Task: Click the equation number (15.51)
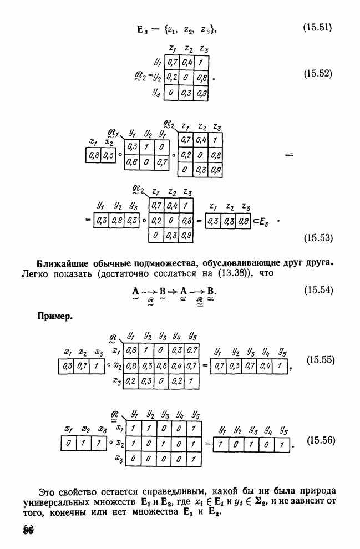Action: [317, 26]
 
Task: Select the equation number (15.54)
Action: [317, 289]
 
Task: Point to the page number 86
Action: [28, 528]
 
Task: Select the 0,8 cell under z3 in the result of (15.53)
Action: [242, 221]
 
